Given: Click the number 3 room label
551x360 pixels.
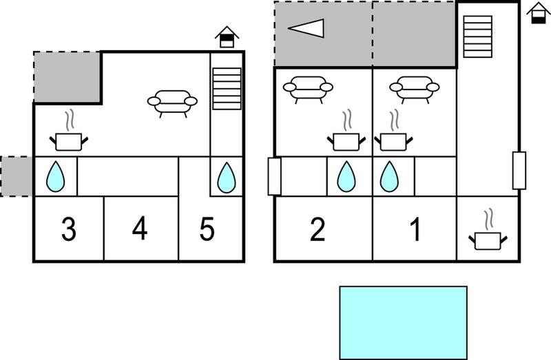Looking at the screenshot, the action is [69, 229].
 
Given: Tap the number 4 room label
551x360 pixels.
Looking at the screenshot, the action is [140, 229].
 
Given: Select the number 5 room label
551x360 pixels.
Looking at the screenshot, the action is [207, 229].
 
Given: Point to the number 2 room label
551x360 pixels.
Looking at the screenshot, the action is [318, 229].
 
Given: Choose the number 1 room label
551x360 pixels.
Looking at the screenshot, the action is [416, 229].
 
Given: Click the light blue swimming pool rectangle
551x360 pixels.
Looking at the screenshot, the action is [404, 323].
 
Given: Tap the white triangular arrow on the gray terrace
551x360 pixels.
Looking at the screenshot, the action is [306, 28].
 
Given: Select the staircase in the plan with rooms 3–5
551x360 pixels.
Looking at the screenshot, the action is [227, 89].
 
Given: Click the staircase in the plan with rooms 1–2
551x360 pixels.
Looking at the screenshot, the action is [477, 36].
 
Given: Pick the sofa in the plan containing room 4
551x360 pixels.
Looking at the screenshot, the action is [172, 104].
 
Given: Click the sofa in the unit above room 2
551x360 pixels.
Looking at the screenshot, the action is [308, 90].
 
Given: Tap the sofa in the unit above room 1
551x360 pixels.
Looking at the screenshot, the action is [415, 90].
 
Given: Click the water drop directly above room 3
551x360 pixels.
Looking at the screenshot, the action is [56, 177].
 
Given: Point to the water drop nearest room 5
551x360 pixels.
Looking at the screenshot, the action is [227, 178].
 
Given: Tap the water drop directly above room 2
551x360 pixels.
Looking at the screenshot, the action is [346, 177].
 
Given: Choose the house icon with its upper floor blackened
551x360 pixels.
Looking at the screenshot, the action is [227, 37].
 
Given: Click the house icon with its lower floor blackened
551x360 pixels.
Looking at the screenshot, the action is [539, 13].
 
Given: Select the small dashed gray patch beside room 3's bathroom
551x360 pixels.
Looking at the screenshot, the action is [17, 176].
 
